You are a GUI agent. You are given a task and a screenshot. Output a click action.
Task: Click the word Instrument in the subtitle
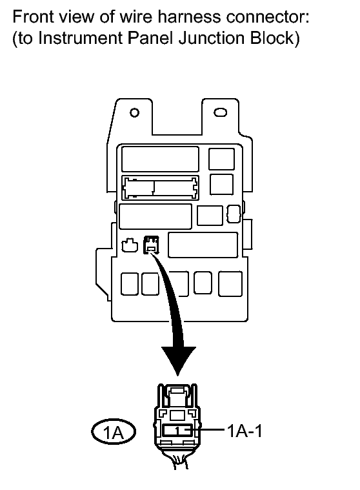click(x=80, y=38)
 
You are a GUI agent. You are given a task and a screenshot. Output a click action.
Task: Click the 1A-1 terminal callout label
click(x=245, y=431)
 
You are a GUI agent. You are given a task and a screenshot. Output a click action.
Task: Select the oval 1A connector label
click(x=114, y=432)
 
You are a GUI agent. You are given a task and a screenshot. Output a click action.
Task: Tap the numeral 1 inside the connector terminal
click(x=177, y=431)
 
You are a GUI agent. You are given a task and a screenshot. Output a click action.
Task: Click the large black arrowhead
click(x=178, y=360)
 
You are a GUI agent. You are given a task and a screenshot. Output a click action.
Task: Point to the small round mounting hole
click(x=134, y=112)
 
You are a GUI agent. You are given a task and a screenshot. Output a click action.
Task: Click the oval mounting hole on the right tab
click(x=220, y=112)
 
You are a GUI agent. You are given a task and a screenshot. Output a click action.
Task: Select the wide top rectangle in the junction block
click(x=160, y=159)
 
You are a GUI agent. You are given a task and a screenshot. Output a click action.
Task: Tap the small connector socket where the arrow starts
click(x=151, y=245)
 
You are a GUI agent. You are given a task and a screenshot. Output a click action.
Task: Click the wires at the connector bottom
click(x=179, y=461)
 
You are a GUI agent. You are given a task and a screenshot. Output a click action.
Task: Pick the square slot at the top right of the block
click(x=222, y=159)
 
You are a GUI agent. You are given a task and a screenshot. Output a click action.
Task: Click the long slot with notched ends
click(x=160, y=188)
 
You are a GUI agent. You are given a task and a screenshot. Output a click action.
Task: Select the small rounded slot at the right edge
click(x=234, y=214)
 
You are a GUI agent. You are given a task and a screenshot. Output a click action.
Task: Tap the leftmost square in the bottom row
click(x=130, y=284)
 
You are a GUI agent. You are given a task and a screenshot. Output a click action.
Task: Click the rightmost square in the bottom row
click(x=230, y=284)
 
